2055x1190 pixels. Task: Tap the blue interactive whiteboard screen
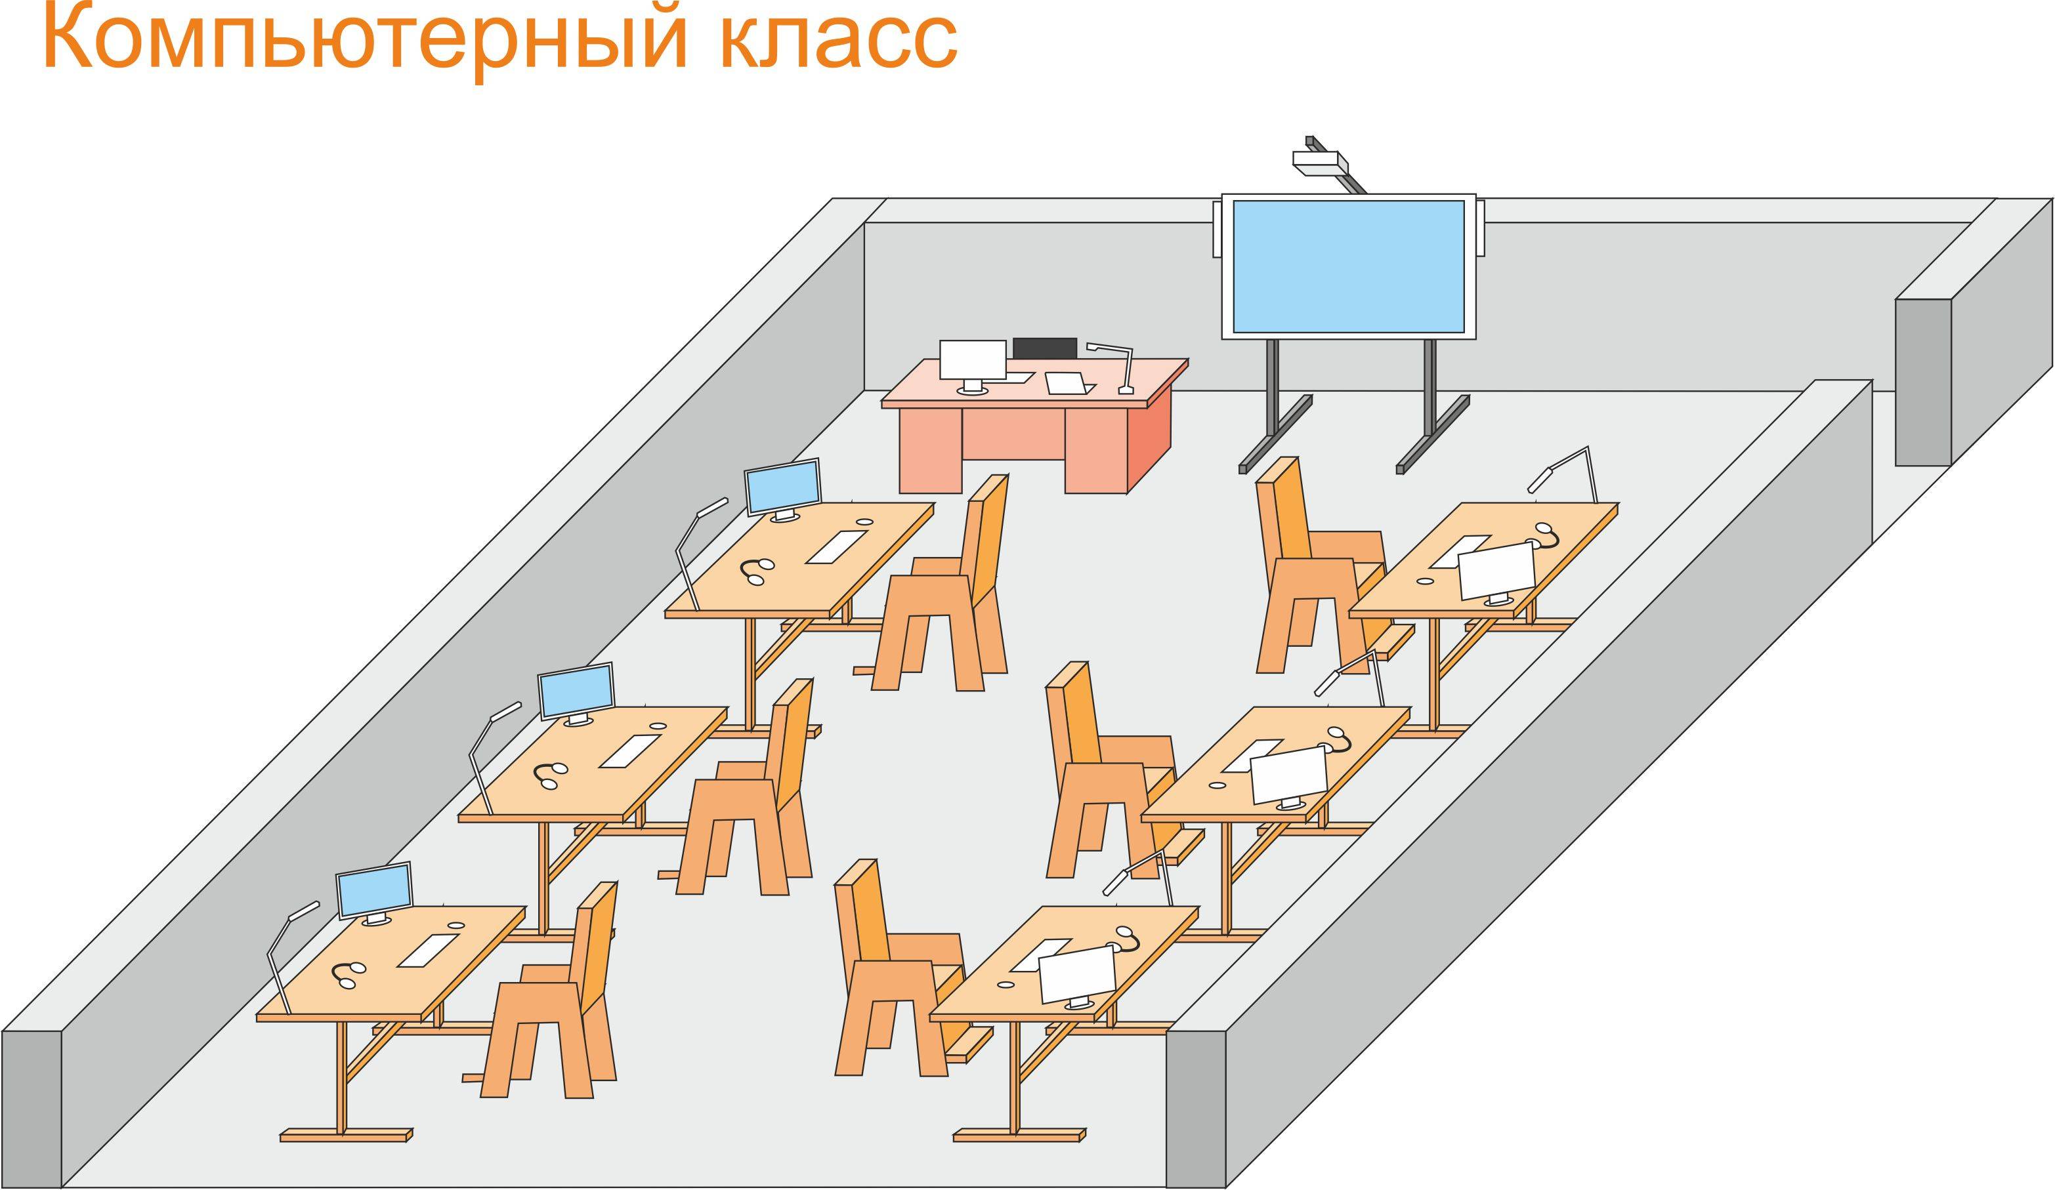1348,266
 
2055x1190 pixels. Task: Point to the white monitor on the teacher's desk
972,359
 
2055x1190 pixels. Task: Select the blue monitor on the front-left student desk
374,891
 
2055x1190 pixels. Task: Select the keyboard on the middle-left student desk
630,750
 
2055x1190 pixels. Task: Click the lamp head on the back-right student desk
1539,480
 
